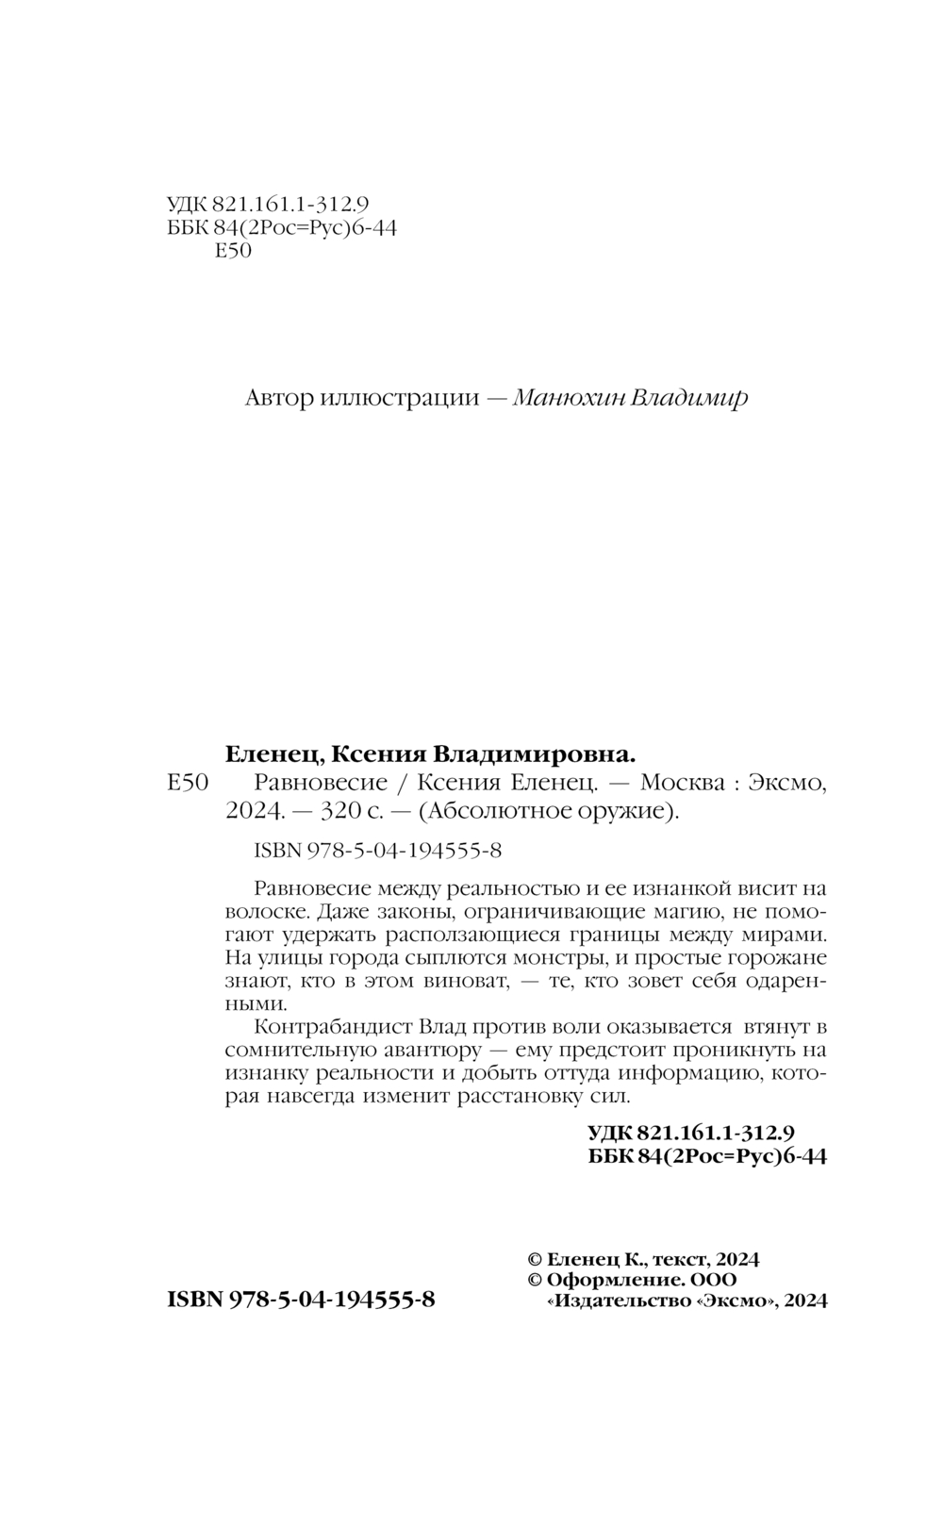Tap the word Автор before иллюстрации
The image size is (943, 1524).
[x=278, y=397]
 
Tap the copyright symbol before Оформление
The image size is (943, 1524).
[x=534, y=1280]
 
